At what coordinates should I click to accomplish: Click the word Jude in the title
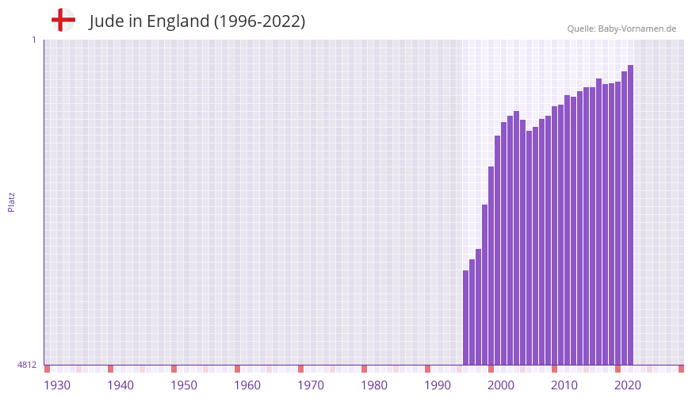click(x=106, y=21)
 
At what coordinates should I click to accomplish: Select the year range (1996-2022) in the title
click(x=259, y=21)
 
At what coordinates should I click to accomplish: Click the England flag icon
click(x=63, y=20)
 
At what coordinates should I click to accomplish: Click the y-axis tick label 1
click(x=33, y=40)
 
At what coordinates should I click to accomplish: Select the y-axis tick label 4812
click(x=27, y=365)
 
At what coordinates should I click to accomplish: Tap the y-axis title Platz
click(x=11, y=201)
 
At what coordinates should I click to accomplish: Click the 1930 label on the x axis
click(x=57, y=385)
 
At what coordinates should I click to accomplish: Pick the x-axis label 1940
click(x=120, y=385)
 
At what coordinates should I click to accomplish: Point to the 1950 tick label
click(x=184, y=385)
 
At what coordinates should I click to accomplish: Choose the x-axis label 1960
click(x=247, y=385)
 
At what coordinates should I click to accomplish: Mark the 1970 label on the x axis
click(x=311, y=385)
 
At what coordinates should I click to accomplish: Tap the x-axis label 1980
click(x=374, y=385)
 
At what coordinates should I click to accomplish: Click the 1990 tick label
click(x=438, y=385)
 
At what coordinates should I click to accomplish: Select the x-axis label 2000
click(x=501, y=385)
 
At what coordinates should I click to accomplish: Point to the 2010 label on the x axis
click(x=564, y=385)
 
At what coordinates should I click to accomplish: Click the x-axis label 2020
click(x=628, y=385)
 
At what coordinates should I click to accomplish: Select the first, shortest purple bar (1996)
click(x=466, y=317)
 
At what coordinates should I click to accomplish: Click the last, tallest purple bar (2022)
click(x=630, y=214)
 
